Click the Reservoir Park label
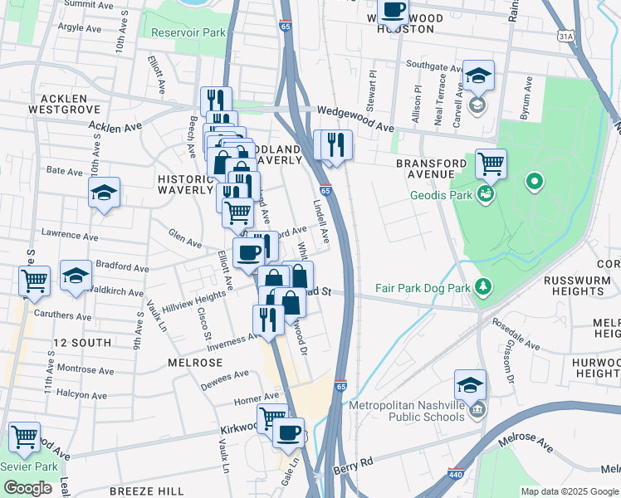click(x=188, y=33)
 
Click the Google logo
click(x=27, y=488)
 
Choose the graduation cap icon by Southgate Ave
click(x=478, y=76)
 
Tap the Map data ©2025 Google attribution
click(x=569, y=491)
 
